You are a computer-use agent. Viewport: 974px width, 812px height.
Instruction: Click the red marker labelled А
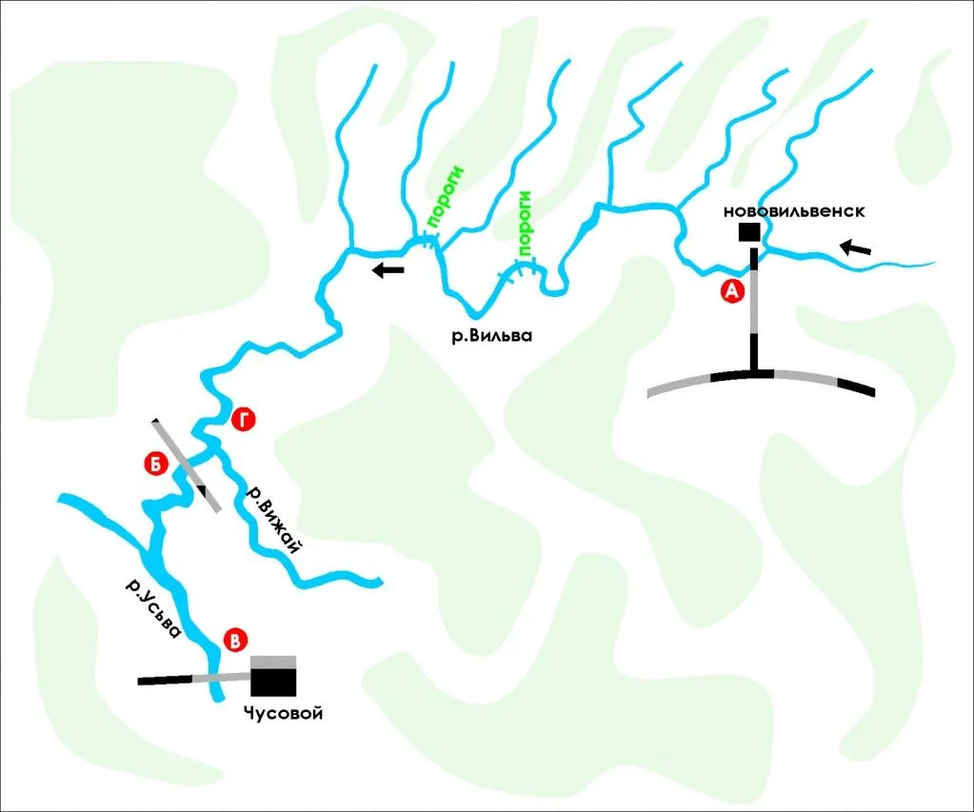(732, 290)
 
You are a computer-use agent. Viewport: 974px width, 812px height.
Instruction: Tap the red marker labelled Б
(156, 465)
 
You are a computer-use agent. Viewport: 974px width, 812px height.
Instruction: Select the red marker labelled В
(235, 641)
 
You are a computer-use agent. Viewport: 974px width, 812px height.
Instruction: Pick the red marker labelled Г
(243, 421)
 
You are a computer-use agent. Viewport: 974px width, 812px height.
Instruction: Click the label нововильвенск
(794, 211)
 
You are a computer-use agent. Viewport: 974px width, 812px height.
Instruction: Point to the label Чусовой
(284, 713)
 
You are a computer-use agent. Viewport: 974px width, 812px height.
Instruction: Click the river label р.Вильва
(492, 336)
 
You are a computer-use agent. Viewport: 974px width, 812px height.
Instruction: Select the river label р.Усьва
(153, 609)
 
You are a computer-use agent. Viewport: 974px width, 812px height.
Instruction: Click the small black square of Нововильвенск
(749, 231)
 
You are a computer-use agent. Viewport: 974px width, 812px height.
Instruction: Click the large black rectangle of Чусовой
(273, 683)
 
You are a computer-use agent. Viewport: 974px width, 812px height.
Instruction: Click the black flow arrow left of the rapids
(388, 269)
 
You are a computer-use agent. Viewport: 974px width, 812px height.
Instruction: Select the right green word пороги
(526, 224)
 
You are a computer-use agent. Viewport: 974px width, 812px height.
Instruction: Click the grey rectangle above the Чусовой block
(273, 662)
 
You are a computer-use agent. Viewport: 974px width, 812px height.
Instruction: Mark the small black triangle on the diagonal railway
(202, 489)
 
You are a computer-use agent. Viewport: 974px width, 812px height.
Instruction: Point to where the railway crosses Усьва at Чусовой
(214, 677)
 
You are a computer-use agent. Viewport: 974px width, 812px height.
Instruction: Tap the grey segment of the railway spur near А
(754, 302)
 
